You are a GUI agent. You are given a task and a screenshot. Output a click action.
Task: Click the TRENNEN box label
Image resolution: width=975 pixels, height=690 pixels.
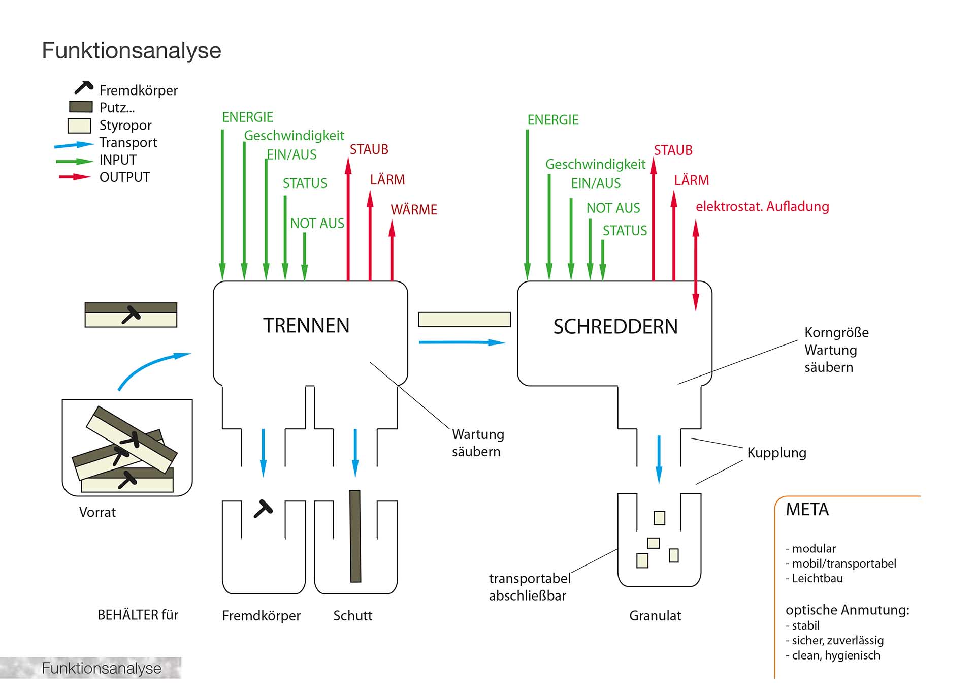306,326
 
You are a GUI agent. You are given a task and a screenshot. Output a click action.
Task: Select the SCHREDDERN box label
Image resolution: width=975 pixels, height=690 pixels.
615,327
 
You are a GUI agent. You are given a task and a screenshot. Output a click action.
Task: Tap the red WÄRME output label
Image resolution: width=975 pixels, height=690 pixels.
413,210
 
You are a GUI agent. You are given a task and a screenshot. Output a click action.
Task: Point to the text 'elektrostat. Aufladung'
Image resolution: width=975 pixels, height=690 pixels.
762,207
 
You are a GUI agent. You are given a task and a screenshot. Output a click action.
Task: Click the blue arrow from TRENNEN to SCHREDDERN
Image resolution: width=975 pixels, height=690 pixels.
462,342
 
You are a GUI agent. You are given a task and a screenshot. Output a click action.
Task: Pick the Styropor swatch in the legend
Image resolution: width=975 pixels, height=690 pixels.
79,126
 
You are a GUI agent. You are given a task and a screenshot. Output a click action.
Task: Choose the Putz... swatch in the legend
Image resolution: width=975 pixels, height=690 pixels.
81,107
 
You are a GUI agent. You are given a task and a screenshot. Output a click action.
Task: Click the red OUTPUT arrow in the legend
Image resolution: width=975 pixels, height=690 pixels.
75,177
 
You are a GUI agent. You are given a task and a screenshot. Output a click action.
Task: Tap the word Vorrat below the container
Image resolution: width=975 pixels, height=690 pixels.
97,512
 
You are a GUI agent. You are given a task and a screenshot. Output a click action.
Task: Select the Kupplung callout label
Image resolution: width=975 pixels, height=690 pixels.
776,453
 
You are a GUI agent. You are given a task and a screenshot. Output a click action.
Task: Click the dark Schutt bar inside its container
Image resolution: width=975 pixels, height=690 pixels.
355,536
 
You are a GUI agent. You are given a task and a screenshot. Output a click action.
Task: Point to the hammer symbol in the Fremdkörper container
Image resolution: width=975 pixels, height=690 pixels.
264,509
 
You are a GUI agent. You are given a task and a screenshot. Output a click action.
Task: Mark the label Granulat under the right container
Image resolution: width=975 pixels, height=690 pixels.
655,616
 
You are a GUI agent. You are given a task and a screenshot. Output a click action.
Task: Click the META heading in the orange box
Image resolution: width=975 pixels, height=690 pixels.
807,510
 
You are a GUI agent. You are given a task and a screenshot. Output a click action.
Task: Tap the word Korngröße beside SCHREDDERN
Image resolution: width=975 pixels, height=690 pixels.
836,333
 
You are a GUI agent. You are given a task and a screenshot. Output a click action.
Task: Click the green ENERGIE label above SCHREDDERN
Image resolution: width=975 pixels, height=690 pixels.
552,120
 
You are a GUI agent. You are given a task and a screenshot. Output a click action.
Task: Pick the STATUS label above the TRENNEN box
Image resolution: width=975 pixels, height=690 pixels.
305,183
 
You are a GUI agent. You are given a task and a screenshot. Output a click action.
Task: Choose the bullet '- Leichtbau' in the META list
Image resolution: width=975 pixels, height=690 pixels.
814,578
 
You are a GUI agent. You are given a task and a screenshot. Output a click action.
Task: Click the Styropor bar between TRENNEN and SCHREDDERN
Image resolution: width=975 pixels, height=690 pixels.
464,320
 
